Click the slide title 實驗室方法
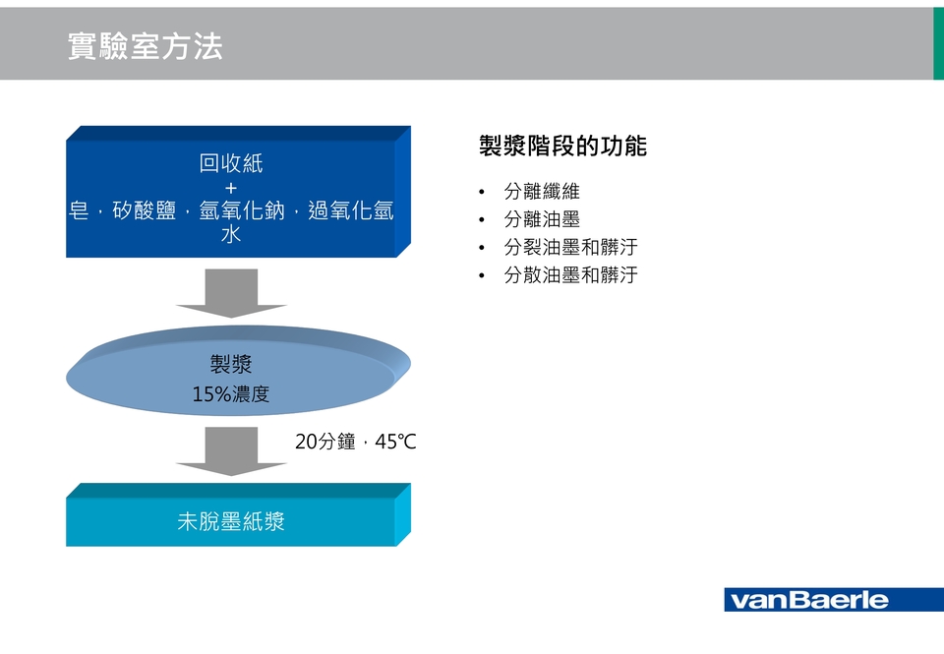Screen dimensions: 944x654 coord(146,46)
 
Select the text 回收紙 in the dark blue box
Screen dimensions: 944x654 coord(231,163)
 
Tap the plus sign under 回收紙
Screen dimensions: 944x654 coord(231,188)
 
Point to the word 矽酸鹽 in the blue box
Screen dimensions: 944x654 coord(144,210)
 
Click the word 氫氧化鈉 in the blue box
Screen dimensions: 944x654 coord(242,210)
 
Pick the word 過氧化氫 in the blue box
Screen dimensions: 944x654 coord(351,210)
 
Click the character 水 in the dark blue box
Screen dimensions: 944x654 coord(231,234)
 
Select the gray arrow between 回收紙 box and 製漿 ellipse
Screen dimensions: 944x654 coord(231,293)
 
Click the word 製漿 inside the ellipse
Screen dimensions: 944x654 coord(231,364)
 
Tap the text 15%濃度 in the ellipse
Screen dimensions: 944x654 coord(231,393)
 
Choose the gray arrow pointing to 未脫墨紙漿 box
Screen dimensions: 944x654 coord(231,451)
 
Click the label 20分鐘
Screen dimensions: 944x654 coord(325,442)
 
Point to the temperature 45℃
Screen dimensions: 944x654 coord(395,442)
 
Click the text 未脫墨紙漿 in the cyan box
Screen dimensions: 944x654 coord(231,521)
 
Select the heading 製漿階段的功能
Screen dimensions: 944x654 coord(562,146)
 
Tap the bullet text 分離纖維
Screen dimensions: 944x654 coord(542,192)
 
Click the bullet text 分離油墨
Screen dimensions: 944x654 coord(542,219)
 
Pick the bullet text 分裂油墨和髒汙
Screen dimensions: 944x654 coord(570,247)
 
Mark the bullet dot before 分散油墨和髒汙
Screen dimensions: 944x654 coord(482,275)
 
